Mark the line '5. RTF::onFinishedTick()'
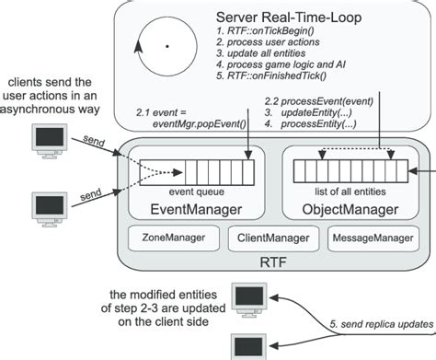coord(272,79)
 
